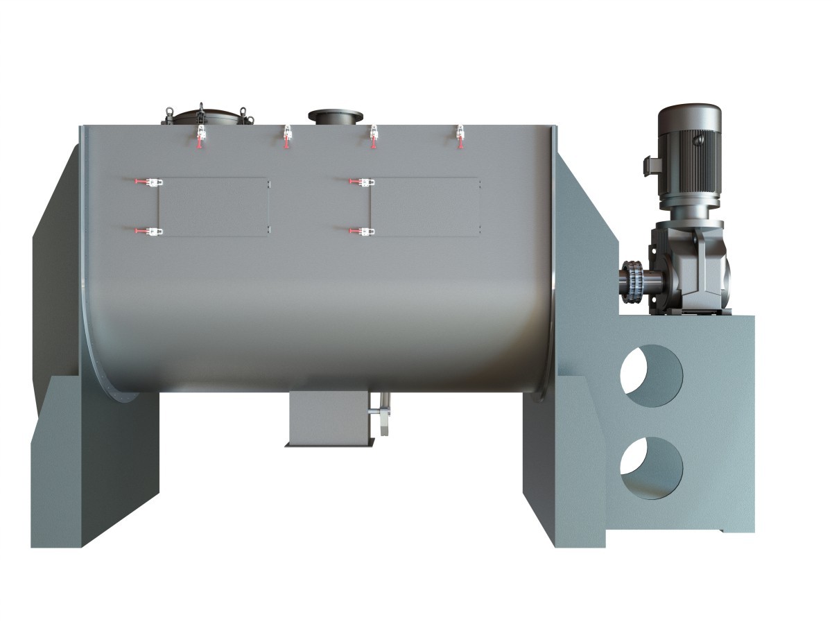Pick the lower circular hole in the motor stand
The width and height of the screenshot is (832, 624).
click(651, 466)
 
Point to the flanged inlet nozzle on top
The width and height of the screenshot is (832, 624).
click(336, 116)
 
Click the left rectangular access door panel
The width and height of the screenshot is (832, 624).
click(214, 207)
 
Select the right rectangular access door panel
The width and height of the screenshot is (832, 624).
click(425, 207)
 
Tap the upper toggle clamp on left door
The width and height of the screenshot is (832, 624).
click(150, 182)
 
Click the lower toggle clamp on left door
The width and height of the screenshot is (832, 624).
click(150, 232)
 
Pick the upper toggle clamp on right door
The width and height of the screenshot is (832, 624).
click(361, 182)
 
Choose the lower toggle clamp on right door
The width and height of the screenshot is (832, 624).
click(361, 232)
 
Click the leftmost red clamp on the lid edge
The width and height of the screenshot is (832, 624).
click(201, 137)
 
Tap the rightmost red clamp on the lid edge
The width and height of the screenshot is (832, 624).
click(459, 137)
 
